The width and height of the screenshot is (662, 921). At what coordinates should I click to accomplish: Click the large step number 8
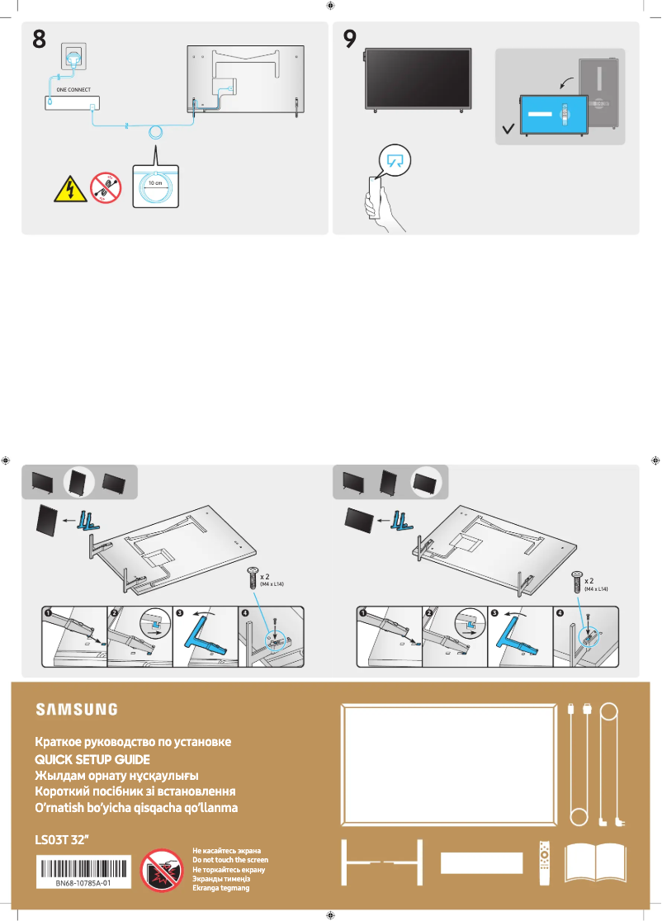pyautogui.click(x=40, y=39)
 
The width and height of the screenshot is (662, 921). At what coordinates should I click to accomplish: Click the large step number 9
pyautogui.click(x=350, y=39)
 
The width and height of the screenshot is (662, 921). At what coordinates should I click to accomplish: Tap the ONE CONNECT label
pyautogui.click(x=73, y=88)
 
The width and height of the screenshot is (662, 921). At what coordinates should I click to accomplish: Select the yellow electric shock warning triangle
pyautogui.click(x=67, y=191)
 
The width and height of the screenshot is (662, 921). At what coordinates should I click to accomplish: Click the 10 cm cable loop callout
pyautogui.click(x=154, y=186)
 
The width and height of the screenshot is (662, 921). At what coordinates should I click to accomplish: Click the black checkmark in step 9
pyautogui.click(x=509, y=129)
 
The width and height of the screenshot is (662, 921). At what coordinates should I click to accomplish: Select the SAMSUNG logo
pyautogui.click(x=76, y=709)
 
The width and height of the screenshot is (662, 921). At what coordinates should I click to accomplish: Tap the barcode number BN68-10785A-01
pyautogui.click(x=83, y=883)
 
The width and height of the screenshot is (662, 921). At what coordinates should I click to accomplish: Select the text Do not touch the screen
pyautogui.click(x=229, y=859)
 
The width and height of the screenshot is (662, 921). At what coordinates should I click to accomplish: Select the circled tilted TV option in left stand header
pyautogui.click(x=77, y=482)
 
